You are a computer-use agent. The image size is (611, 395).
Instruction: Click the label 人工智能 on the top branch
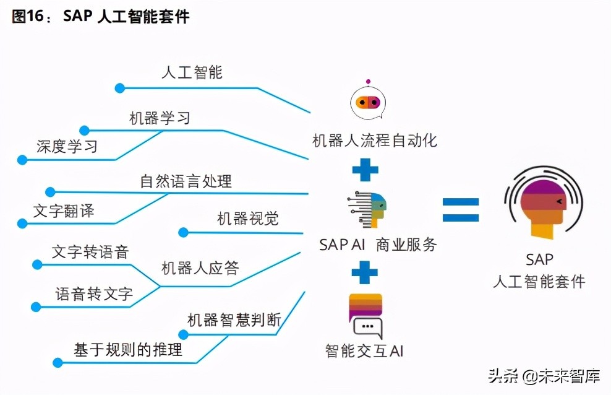pos(192,72)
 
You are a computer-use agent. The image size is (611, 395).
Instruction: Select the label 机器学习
pos(160,118)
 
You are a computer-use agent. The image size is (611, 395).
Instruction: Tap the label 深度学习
pos(67,147)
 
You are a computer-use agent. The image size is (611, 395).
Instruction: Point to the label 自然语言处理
pos(186,181)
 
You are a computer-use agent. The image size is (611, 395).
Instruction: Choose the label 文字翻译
pos(64,211)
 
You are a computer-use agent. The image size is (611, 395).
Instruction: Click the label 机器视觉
pos(247,219)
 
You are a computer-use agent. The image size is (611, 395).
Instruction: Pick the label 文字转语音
pos(90,252)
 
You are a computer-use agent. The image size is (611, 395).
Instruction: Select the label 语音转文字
pos(94,293)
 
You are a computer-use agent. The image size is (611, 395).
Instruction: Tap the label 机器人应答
pos(200,268)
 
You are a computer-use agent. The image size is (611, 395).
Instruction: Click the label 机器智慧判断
pos(234,320)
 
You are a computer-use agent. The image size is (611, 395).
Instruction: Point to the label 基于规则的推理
pos(128,349)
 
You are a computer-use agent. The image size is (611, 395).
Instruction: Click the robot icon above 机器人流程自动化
pos(367,102)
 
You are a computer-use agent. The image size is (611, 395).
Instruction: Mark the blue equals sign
pos(461,210)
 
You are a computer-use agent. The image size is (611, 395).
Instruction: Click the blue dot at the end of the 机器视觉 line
pos(184,233)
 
